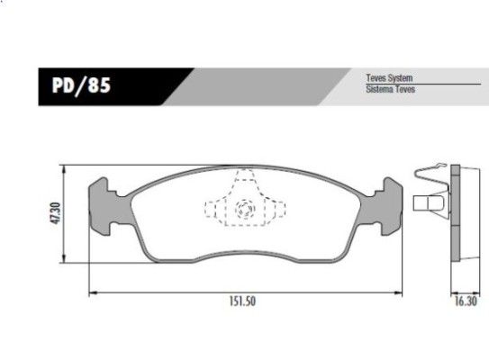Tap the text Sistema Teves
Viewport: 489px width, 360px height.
pos(389,91)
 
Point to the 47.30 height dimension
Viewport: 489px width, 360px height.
pos(56,212)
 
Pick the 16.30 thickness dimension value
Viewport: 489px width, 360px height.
pos(464,302)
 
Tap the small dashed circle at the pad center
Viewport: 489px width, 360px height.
pos(243,211)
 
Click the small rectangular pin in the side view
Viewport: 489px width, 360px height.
pos(423,204)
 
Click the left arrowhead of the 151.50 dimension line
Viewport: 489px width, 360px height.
pos(92,292)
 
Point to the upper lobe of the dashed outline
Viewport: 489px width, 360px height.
pos(244,184)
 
